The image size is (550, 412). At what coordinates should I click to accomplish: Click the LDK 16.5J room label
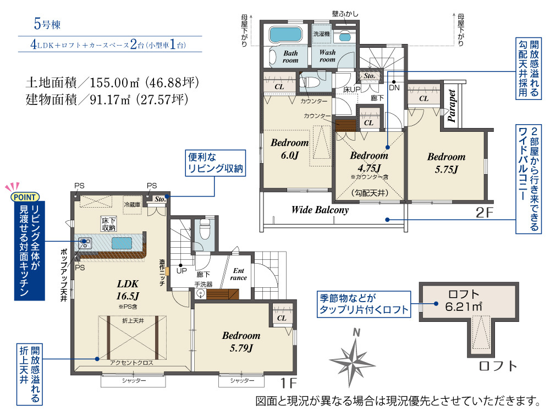click(x=128, y=289)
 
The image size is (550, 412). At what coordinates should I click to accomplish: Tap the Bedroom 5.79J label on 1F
click(x=241, y=342)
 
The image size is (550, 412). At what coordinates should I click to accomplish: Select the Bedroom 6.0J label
click(x=290, y=149)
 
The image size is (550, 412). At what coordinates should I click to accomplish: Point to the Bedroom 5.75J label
click(x=446, y=163)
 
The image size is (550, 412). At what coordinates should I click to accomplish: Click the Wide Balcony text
click(x=320, y=210)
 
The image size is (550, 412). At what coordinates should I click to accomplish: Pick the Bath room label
click(x=290, y=57)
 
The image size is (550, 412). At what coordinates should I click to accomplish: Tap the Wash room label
click(x=327, y=56)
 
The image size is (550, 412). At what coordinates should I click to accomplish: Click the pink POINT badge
click(x=25, y=197)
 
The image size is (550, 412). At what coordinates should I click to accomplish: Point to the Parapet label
click(x=452, y=105)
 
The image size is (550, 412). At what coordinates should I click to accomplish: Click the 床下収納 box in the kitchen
click(x=108, y=224)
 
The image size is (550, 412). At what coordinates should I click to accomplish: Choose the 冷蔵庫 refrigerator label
click(x=132, y=204)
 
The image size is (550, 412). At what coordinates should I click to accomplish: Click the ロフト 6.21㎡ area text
click(x=464, y=300)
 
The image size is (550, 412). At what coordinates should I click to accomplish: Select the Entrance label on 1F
click(x=239, y=274)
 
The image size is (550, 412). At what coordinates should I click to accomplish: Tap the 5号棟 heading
click(x=47, y=24)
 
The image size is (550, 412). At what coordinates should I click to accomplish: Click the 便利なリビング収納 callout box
click(x=216, y=163)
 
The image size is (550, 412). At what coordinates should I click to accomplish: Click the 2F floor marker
click(x=485, y=212)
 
